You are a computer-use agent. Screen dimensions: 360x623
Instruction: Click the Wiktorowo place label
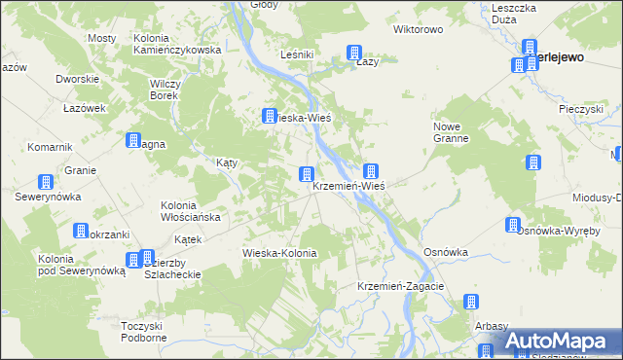tap(419, 29)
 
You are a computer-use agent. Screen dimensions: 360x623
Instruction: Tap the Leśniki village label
tap(296, 54)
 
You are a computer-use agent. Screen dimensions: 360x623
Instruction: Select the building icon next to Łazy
tap(354, 53)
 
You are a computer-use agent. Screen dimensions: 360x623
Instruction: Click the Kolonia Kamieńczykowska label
tap(177, 44)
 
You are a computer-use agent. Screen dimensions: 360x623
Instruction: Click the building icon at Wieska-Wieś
tap(269, 117)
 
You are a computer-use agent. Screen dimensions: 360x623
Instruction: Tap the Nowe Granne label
tap(451, 132)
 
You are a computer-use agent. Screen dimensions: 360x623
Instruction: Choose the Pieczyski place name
tap(582, 109)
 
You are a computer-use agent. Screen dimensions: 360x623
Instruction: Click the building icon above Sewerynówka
tap(45, 182)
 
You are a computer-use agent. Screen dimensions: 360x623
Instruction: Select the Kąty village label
tap(228, 163)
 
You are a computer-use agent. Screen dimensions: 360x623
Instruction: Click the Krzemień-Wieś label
tap(350, 187)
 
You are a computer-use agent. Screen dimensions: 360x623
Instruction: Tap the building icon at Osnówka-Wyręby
tap(513, 226)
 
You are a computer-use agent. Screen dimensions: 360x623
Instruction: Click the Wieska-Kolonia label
tap(280, 253)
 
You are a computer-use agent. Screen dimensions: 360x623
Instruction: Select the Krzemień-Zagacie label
tap(401, 286)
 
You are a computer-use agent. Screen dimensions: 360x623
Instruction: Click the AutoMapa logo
tap(559, 342)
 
